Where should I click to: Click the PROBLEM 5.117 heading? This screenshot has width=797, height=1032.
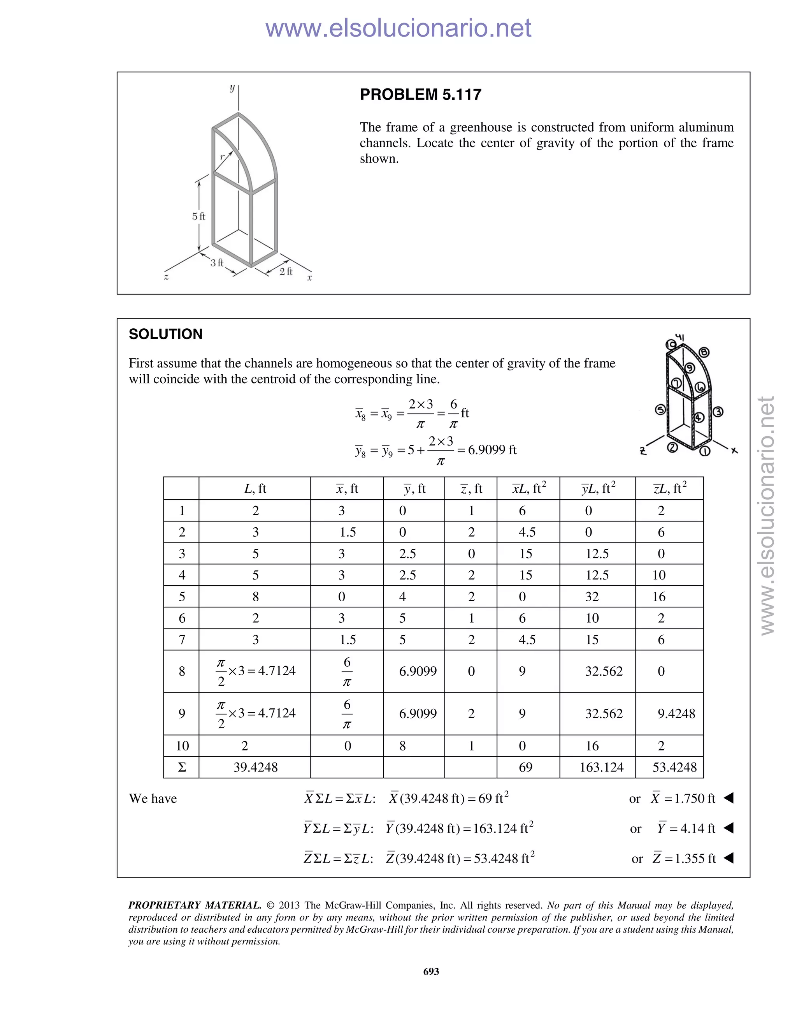point(420,95)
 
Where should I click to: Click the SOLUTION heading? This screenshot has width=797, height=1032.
point(165,334)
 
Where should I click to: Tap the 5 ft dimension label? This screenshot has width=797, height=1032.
point(198,217)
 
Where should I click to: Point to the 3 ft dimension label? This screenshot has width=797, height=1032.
point(217,263)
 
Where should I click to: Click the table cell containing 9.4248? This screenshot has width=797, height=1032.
point(676,713)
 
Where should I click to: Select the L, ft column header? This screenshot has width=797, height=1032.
point(255,489)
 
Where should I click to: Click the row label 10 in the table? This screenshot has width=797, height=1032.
point(182,746)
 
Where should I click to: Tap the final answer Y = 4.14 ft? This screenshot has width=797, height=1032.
point(686,828)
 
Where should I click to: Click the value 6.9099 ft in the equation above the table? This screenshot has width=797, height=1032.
point(492,449)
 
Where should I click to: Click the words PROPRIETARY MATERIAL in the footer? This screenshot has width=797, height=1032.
point(195,905)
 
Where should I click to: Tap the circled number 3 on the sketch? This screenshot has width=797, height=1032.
point(718,412)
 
